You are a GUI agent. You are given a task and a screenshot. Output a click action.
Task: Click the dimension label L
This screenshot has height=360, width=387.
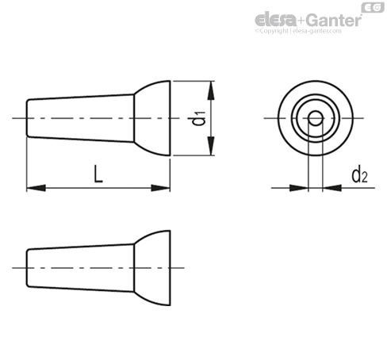pyautogui.click(x=98, y=174)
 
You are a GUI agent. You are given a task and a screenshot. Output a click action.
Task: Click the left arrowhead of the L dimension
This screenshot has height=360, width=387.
pyautogui.click(x=36, y=188)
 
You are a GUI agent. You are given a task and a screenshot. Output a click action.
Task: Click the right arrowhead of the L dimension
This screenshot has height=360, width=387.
pyautogui.click(x=160, y=188)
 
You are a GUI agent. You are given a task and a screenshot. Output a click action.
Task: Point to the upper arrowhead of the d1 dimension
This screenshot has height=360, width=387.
pyautogui.click(x=211, y=90)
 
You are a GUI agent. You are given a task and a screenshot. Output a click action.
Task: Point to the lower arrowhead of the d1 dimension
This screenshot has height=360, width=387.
pyautogui.click(x=211, y=146)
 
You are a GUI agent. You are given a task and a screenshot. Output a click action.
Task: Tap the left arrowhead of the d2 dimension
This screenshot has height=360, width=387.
pyautogui.click(x=299, y=188)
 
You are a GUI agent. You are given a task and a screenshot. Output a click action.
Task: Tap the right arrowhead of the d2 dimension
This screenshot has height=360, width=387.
pyautogui.click(x=332, y=188)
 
